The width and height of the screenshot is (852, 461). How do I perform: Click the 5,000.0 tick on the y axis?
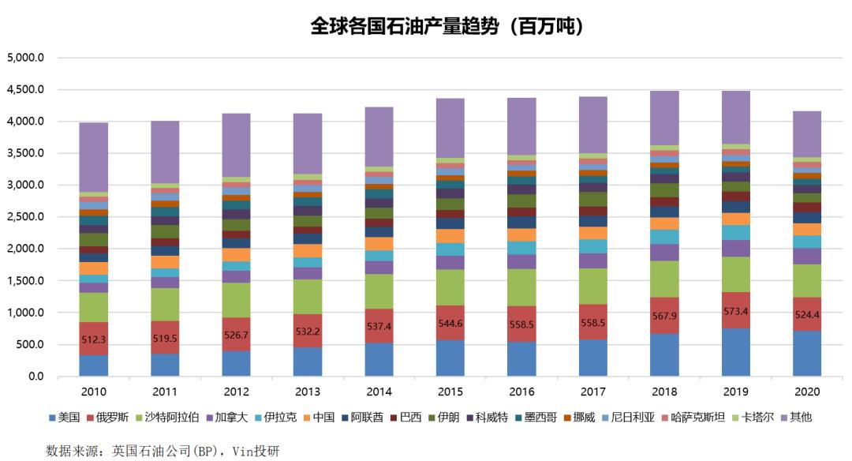[x=25, y=58]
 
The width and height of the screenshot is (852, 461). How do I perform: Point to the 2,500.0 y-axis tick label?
[x=25, y=217]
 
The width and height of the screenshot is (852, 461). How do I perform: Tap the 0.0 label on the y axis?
[x=35, y=377]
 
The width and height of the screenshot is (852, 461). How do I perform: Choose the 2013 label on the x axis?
[x=308, y=392]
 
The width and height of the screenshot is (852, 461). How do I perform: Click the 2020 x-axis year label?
[x=808, y=392]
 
